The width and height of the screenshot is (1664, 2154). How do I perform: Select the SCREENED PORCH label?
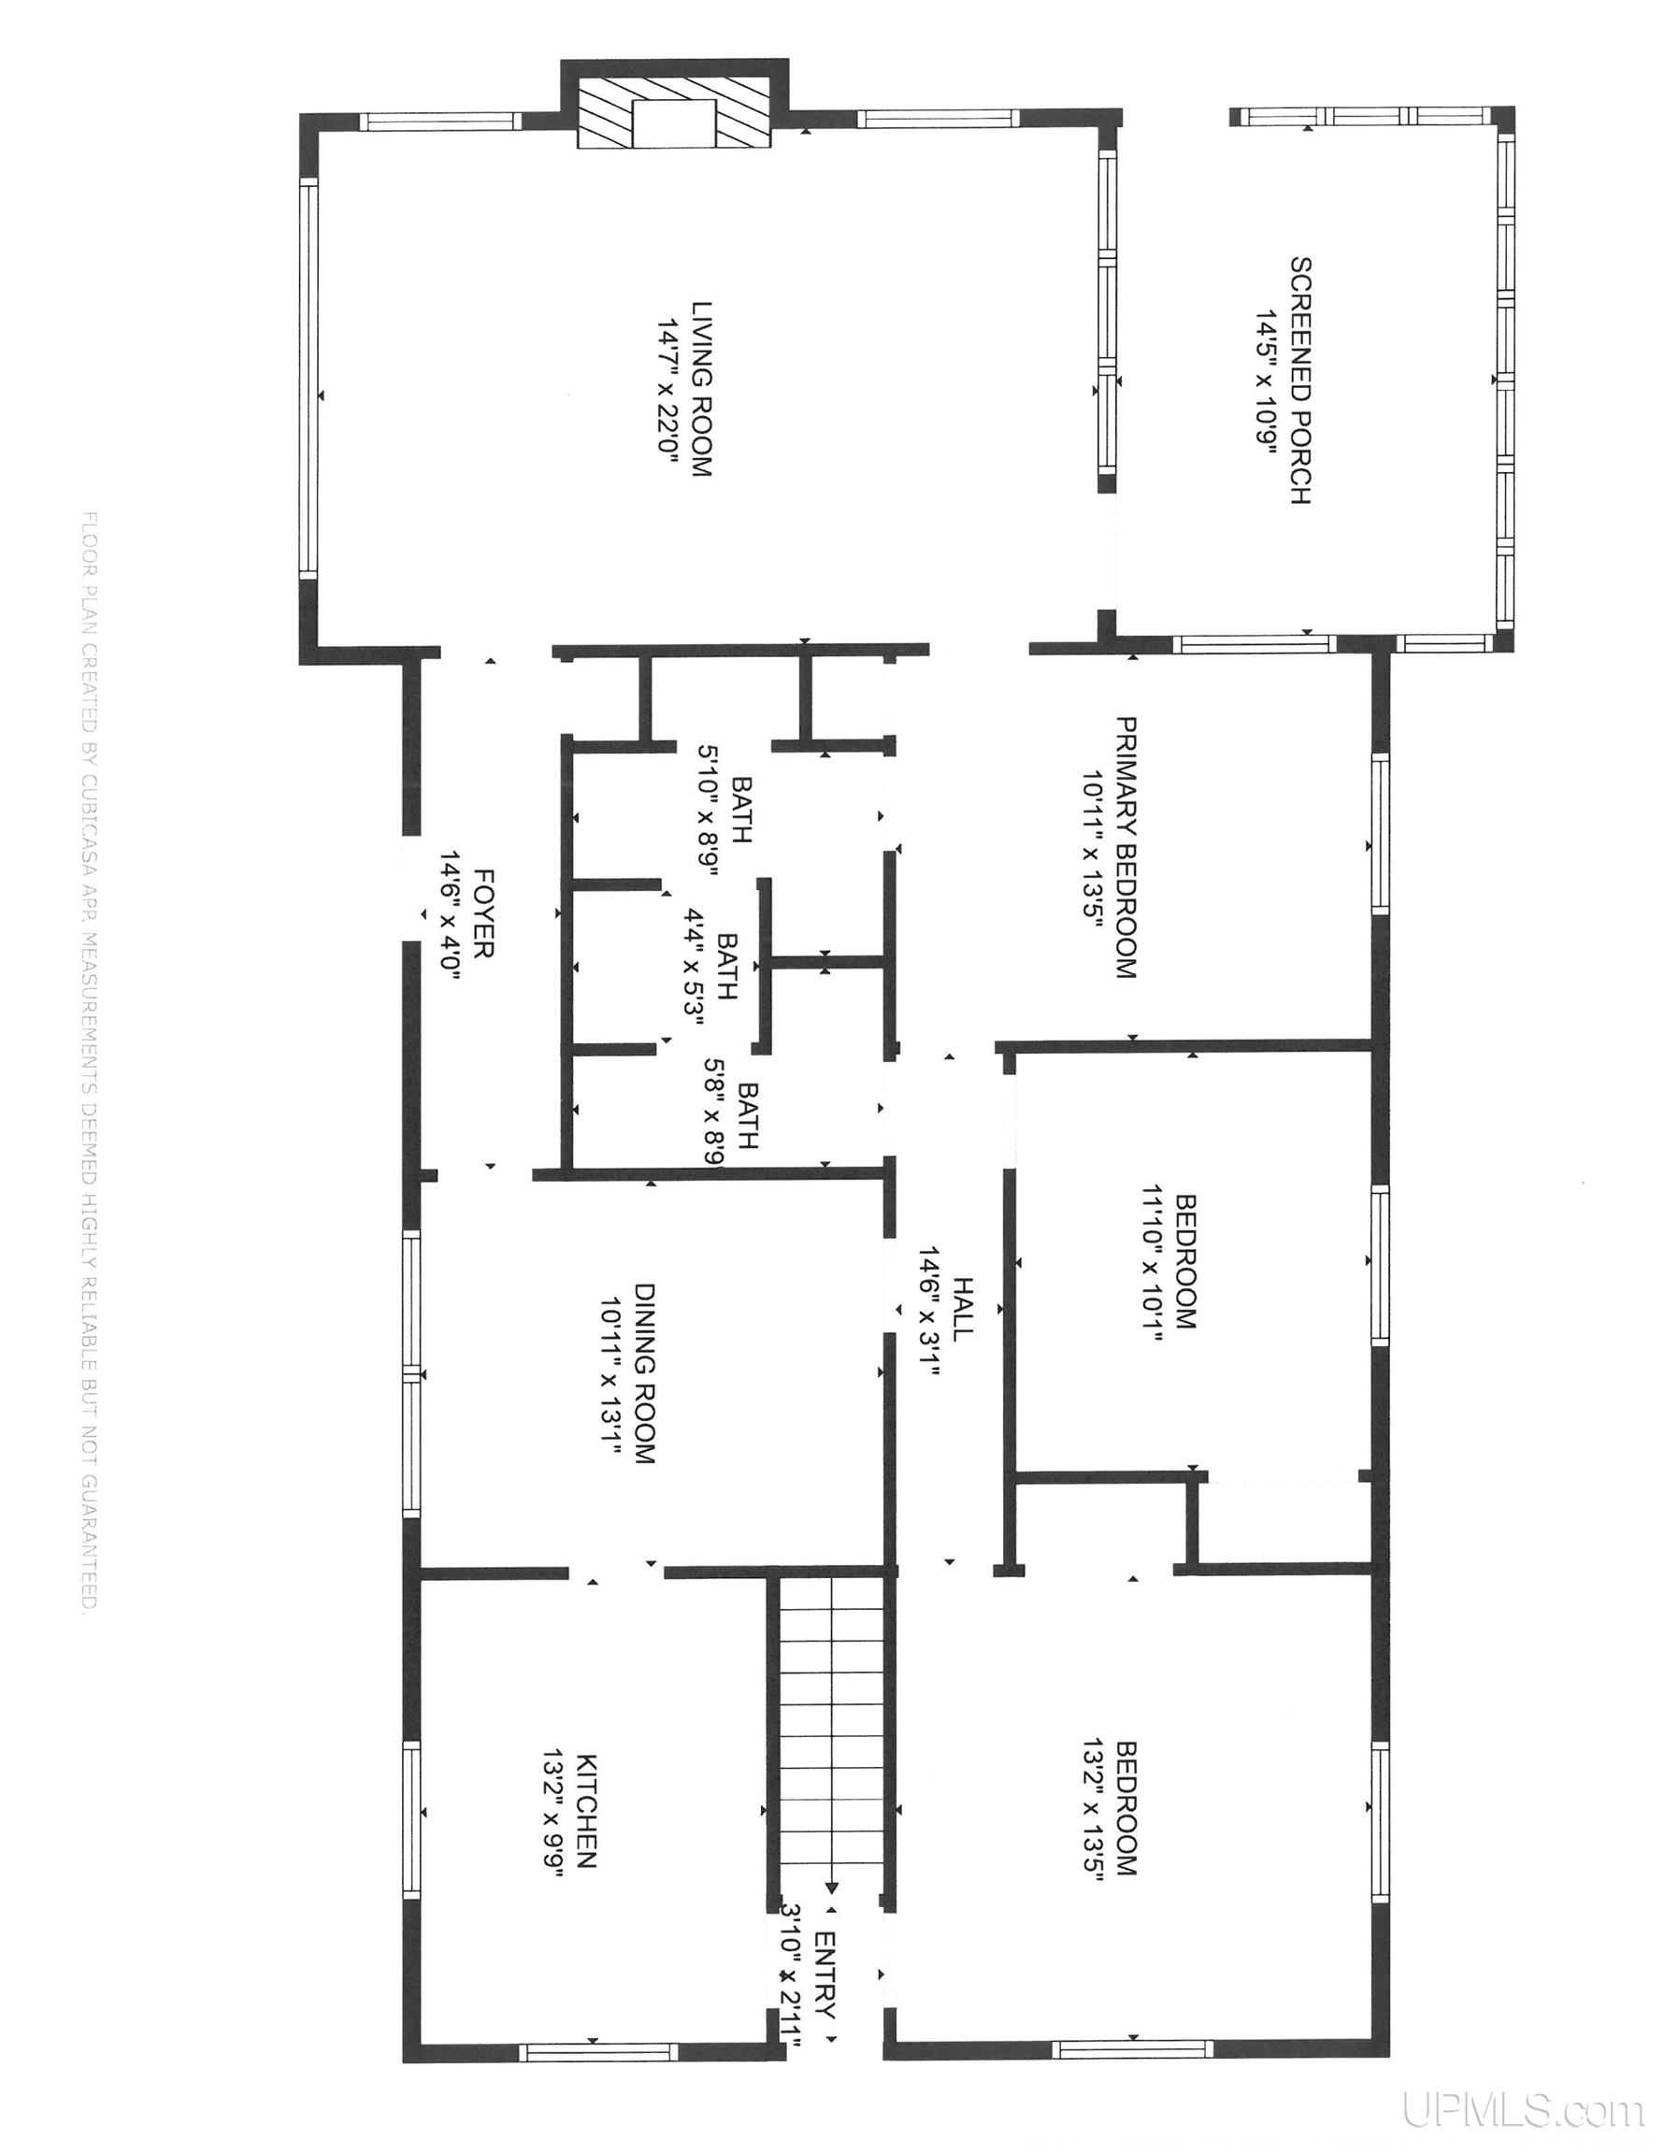point(1301,381)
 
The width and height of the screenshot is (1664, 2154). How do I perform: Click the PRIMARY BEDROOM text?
point(1126,847)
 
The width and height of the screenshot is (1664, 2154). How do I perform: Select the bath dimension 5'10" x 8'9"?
point(712,811)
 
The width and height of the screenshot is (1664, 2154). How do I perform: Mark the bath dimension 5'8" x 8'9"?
point(717,1113)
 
